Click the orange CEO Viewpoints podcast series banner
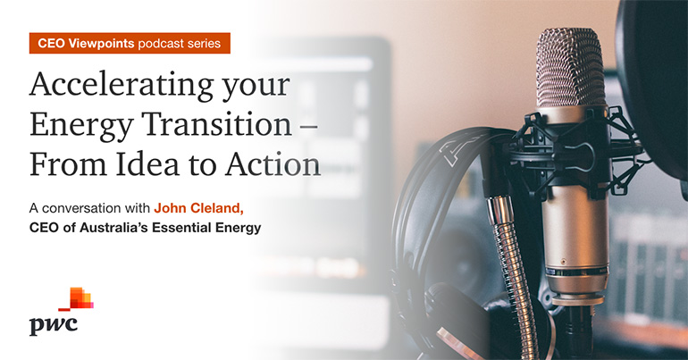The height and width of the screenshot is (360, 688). tap(130, 43)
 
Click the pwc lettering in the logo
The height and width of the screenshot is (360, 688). tap(53, 324)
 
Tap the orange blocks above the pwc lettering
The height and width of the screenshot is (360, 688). tap(79, 298)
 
